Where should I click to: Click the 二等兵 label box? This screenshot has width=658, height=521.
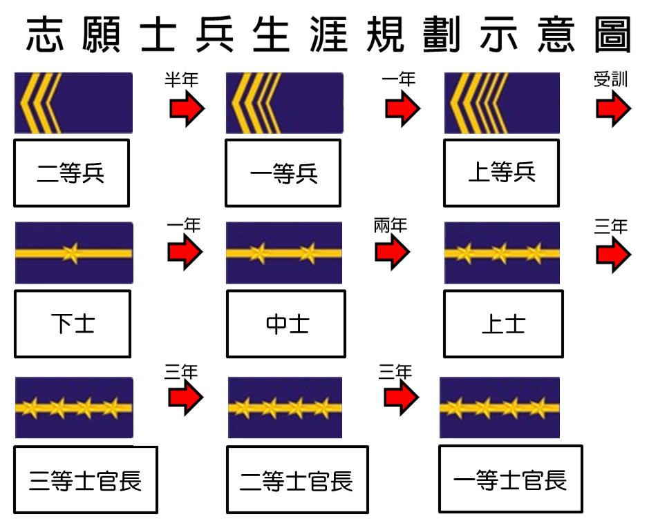point(72,173)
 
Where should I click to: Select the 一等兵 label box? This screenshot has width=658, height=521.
point(283,173)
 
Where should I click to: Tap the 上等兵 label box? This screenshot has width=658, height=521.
point(502,173)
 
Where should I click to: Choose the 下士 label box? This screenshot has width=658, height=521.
point(73,324)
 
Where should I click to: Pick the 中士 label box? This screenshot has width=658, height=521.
point(286,324)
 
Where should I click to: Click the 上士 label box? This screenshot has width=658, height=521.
point(504,324)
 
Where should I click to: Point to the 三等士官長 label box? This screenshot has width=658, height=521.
point(86,480)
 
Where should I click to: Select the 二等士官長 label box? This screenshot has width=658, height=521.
point(297,480)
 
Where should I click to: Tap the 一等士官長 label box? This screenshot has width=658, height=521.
point(511,479)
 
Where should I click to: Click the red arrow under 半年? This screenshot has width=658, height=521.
point(187,108)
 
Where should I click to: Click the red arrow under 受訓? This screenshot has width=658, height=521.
point(614,108)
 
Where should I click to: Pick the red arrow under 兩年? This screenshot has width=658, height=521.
point(393,252)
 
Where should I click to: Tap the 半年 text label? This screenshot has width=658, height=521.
point(181,79)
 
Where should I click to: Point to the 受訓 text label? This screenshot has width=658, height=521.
point(610,79)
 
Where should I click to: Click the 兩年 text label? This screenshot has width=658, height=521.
point(391,226)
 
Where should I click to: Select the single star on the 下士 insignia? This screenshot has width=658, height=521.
point(71,253)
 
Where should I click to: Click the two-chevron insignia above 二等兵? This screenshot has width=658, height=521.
point(73,103)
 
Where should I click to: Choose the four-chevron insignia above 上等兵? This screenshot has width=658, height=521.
point(502,103)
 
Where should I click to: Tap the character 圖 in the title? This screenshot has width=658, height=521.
point(613,35)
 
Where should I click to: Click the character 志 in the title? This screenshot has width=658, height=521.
point(45,35)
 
